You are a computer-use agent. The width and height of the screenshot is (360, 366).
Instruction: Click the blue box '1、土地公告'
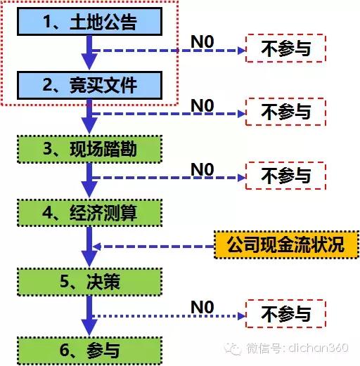tap(89, 22)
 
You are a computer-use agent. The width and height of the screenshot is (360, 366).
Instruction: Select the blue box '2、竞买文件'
tap(89, 85)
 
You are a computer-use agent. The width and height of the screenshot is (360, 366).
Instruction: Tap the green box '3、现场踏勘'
tap(89, 149)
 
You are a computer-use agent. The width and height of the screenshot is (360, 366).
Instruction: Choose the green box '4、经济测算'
tap(89, 213)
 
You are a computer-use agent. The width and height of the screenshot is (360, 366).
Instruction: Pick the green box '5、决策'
tap(89, 282)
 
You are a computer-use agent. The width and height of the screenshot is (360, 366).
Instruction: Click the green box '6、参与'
tap(89, 351)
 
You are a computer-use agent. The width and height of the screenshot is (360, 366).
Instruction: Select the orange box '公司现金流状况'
tap(286, 244)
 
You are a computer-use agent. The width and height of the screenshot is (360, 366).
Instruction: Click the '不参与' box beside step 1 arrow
tap(285, 48)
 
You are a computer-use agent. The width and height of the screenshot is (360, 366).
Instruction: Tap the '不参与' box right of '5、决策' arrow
tap(285, 313)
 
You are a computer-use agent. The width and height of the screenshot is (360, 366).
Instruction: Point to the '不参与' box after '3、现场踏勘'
tap(285, 176)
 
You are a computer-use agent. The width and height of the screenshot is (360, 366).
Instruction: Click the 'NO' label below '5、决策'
tap(202, 307)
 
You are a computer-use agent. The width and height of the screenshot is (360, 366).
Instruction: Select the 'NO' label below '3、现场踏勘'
tap(202, 169)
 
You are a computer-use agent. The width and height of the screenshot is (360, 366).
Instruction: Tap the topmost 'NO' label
tap(202, 42)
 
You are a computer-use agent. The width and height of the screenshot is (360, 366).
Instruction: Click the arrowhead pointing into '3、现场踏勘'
tap(89, 126)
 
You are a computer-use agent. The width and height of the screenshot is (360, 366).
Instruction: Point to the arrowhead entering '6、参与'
tap(89, 327)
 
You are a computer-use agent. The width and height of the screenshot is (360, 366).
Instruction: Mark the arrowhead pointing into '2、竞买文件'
tap(89, 62)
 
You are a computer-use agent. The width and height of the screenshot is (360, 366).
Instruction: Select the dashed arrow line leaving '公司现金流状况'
tap(153, 247)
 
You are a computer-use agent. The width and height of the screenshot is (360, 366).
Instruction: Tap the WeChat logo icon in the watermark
tap(232, 348)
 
